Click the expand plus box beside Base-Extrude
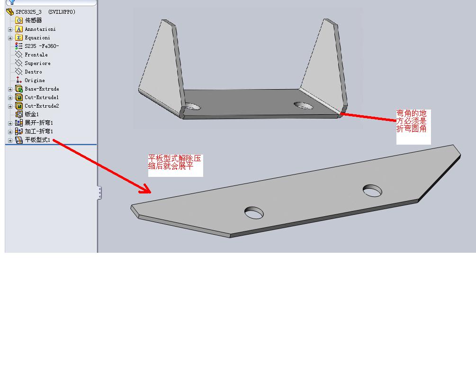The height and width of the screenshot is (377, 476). point(10,89)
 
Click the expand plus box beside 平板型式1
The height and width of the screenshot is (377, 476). point(10,140)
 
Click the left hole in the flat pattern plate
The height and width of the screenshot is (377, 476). point(254,212)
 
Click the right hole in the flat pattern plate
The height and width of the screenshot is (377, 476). point(372,191)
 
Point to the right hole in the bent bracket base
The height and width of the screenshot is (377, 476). point(304,106)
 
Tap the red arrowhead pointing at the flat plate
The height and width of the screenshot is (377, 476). point(145,189)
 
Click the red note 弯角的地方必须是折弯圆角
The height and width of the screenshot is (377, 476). point(411,121)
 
